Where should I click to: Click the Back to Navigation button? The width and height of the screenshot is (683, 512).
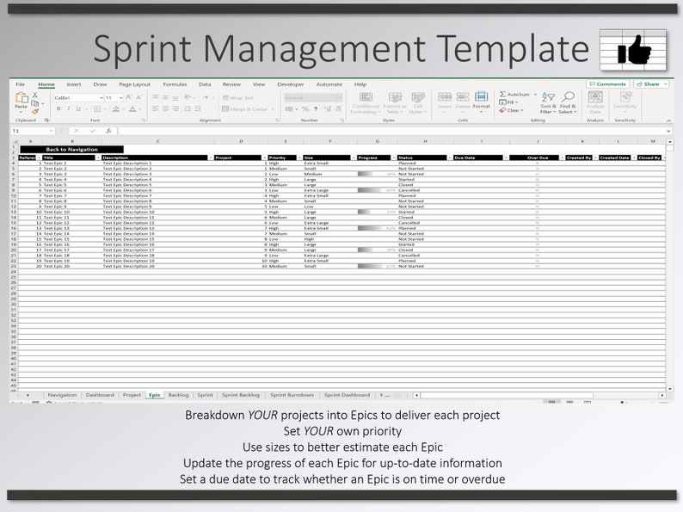click(x=71, y=149)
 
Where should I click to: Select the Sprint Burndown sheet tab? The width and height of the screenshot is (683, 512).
click(x=292, y=395)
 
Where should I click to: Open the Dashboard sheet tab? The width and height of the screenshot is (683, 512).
click(x=100, y=395)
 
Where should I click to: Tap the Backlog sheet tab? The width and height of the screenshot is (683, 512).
click(x=179, y=395)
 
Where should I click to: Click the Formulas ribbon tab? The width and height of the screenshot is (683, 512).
click(x=175, y=84)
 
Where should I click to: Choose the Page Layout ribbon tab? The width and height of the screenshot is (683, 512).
click(x=134, y=84)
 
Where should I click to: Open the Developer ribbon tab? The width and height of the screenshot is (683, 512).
click(x=290, y=84)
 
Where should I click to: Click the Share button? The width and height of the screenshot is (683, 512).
click(x=651, y=84)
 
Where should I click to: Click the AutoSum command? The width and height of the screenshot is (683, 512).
click(x=518, y=94)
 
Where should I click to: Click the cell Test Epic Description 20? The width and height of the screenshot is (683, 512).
click(x=128, y=266)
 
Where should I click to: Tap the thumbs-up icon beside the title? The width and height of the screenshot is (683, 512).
click(x=633, y=49)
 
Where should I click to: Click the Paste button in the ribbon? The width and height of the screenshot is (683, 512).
click(x=22, y=102)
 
